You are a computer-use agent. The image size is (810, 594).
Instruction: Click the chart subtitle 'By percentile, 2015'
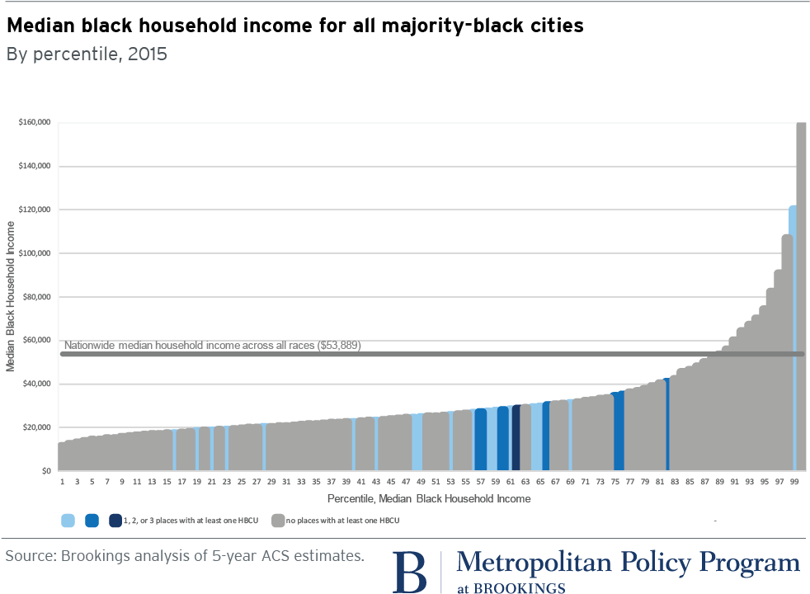(87, 55)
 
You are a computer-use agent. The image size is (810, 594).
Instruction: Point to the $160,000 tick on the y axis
(35, 123)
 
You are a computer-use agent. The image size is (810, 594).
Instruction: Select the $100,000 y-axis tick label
(35, 253)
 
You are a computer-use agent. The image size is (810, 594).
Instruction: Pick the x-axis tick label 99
(794, 481)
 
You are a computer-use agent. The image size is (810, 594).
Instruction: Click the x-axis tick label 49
(420, 481)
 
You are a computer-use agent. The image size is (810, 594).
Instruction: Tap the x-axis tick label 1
(62, 481)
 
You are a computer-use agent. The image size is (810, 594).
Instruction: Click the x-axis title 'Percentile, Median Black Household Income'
(428, 498)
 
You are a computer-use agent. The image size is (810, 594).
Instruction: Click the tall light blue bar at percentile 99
(793, 330)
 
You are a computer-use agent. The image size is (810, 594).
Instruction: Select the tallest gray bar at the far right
(801, 297)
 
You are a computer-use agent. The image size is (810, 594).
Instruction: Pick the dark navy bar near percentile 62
(516, 437)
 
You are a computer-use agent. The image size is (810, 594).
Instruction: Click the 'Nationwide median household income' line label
(212, 346)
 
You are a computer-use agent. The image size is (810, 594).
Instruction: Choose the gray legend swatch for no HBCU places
(279, 520)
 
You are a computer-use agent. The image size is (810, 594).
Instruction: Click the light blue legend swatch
(68, 520)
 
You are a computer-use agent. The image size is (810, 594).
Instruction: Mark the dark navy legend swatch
(115, 520)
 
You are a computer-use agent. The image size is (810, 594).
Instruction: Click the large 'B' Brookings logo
(409, 571)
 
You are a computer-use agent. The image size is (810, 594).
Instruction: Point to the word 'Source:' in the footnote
(30, 556)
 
